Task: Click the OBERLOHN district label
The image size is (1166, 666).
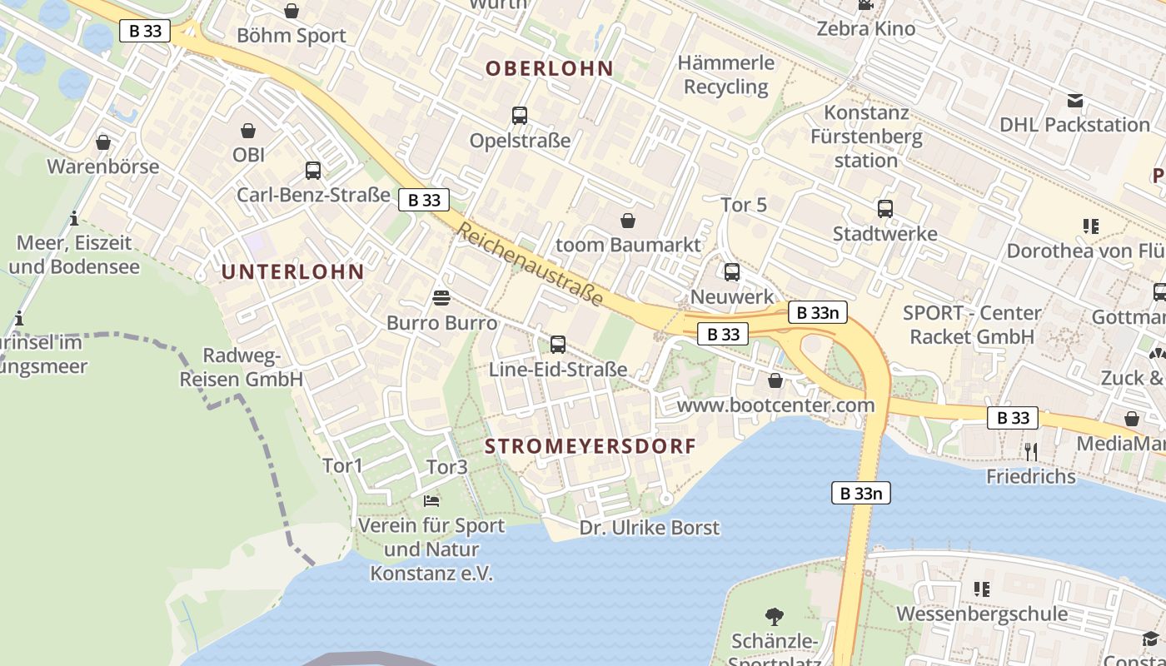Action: pyautogui.click(x=549, y=68)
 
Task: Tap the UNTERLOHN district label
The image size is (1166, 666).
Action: pyautogui.click(x=292, y=271)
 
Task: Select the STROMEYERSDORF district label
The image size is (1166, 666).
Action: pyautogui.click(x=590, y=446)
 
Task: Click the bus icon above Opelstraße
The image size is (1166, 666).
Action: pyautogui.click(x=520, y=116)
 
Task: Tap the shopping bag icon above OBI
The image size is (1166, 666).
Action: pyautogui.click(x=248, y=131)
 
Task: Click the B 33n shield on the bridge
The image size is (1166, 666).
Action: pyautogui.click(x=861, y=493)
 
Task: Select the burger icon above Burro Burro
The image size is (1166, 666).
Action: pyautogui.click(x=441, y=297)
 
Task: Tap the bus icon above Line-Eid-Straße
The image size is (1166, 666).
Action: pyautogui.click(x=558, y=344)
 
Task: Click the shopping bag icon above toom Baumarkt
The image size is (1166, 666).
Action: pyautogui.click(x=628, y=221)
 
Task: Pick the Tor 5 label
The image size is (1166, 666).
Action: pyautogui.click(x=744, y=205)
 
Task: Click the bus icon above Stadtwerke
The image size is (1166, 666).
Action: pyautogui.click(x=884, y=209)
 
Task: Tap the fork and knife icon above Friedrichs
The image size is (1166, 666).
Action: pyautogui.click(x=1031, y=451)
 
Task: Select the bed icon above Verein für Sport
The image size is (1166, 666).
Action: pyautogui.click(x=431, y=500)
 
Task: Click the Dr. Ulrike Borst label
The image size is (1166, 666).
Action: pyautogui.click(x=650, y=528)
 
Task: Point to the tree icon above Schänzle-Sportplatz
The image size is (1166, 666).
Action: pyautogui.click(x=775, y=617)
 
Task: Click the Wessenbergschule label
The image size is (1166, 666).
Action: pyautogui.click(x=981, y=614)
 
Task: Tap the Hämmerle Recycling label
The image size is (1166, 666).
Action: pyautogui.click(x=726, y=75)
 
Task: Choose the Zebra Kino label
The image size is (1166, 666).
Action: pyautogui.click(x=865, y=28)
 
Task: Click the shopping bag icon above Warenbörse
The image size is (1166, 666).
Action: pyautogui.click(x=103, y=142)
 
